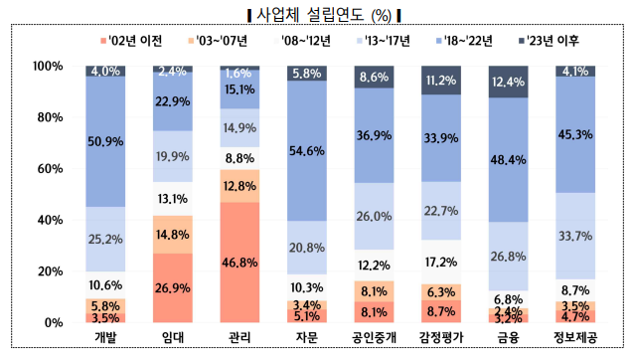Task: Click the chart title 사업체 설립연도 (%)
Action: pos(317,14)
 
